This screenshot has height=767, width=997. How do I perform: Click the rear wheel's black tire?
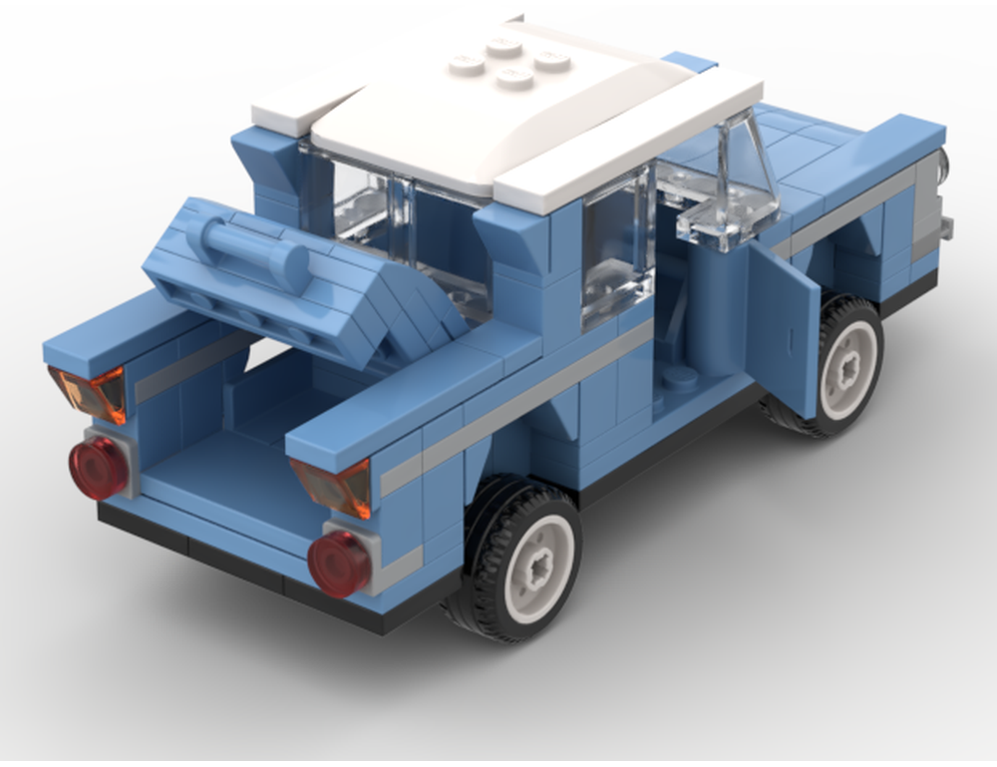coord(477,598)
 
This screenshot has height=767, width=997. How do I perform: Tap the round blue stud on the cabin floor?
coord(682,377)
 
